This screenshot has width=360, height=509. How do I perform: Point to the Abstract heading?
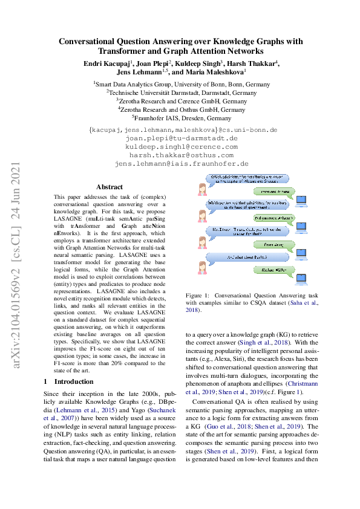110,187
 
